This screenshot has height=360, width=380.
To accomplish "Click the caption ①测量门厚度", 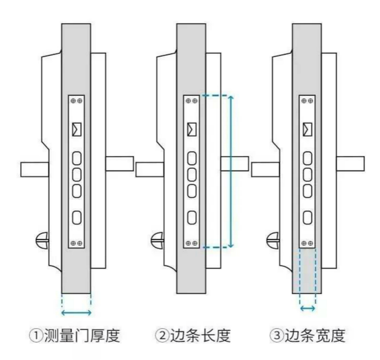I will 76,336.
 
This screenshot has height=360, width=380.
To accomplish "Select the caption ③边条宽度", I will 307,336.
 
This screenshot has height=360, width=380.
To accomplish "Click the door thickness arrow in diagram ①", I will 76,312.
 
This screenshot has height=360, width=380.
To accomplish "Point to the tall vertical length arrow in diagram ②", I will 231,171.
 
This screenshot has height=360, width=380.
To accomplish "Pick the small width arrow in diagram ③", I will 307,309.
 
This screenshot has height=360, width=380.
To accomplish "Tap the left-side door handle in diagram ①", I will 34,169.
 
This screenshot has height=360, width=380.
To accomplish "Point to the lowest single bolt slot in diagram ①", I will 76,217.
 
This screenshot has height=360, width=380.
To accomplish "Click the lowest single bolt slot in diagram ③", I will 307,217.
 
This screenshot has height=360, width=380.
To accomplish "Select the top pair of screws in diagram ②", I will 191,101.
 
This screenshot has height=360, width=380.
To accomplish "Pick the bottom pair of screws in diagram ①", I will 76,243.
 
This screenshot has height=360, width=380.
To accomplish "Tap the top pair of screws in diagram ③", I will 307,101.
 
